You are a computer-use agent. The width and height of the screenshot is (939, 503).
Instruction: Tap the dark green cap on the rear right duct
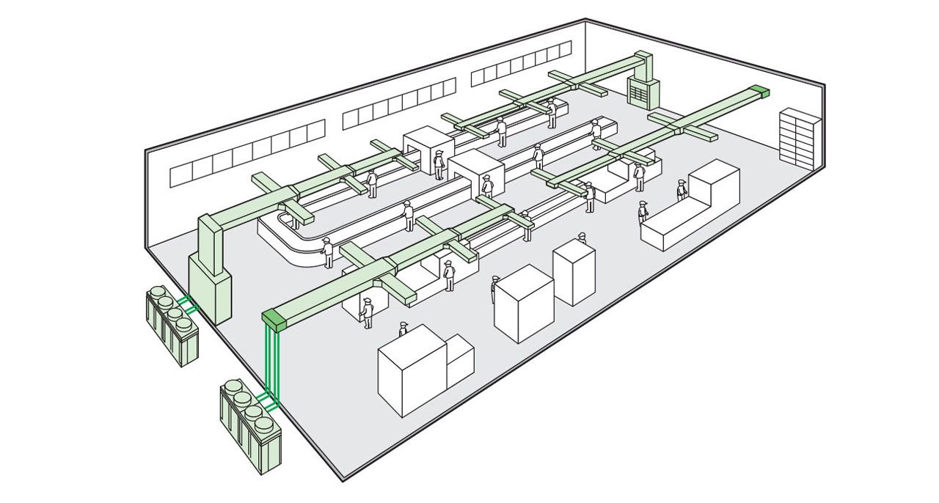coord(759,91)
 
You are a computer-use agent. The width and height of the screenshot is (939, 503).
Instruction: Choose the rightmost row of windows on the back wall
coord(521,63)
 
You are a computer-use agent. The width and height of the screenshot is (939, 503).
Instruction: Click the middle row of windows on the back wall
coord(399,104)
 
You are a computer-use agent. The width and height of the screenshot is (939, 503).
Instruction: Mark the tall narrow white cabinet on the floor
coord(574,272)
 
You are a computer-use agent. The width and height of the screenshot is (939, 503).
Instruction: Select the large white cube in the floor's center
coord(523,303)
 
